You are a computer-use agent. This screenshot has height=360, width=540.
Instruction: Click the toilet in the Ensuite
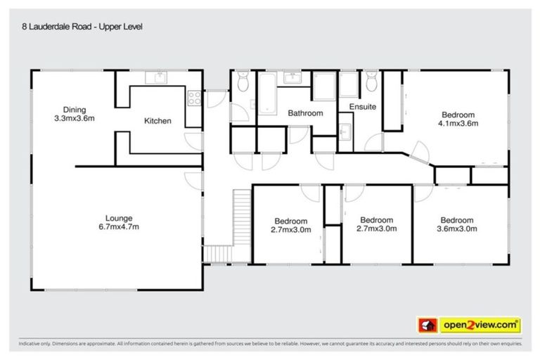point(371,83)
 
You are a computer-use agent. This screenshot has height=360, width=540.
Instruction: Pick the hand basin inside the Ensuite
point(345,131)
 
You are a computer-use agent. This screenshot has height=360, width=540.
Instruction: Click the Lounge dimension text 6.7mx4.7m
point(118,227)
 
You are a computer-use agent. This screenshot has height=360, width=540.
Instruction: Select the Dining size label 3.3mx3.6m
point(75,118)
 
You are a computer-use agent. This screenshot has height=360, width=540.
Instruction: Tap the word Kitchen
point(157,121)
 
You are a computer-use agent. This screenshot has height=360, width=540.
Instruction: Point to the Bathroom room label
point(305,113)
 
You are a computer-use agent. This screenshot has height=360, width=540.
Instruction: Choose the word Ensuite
point(362,107)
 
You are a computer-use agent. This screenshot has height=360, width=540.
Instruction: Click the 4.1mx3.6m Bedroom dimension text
point(458,123)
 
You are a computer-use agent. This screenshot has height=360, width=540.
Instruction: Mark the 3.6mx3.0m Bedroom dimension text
point(457,229)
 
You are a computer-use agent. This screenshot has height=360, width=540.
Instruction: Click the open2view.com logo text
point(480,325)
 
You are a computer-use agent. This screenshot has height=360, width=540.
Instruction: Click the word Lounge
point(118,218)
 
